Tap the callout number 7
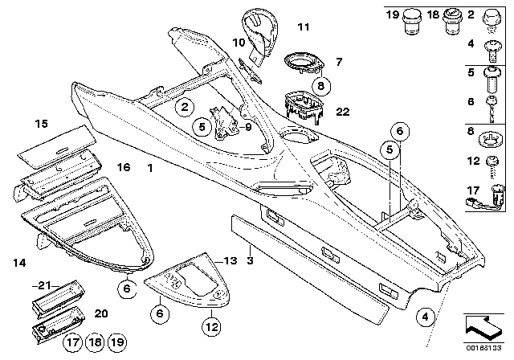tap(338, 61)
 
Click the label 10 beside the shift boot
tap(238, 41)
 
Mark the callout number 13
tap(230, 261)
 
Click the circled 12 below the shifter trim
tap(210, 326)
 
